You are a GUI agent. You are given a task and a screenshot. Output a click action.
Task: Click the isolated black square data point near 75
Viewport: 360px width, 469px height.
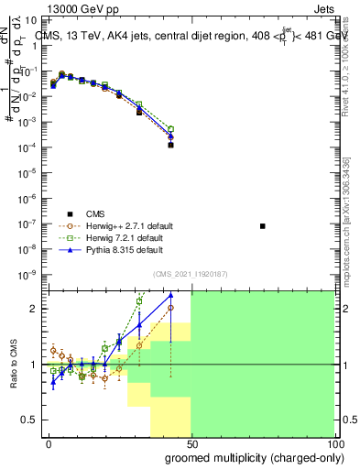(263, 225)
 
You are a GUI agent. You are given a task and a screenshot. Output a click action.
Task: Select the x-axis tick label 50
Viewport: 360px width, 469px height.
(191, 442)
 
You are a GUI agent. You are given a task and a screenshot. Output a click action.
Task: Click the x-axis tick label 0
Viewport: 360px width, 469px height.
(48, 442)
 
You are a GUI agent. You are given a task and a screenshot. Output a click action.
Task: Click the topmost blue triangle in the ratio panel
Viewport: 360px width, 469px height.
(171, 295)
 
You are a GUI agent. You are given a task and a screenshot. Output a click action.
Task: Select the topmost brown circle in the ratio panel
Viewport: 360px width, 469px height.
(171, 308)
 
